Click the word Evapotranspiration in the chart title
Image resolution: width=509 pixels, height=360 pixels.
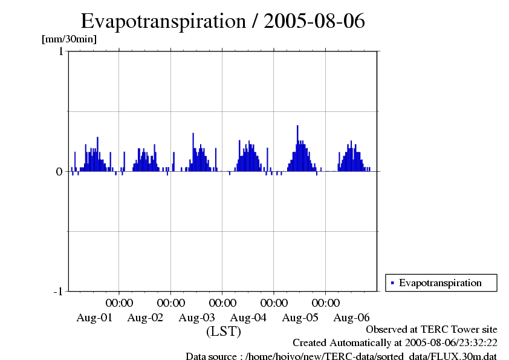(x=162, y=21)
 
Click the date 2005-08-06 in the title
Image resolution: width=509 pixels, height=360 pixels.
(x=314, y=21)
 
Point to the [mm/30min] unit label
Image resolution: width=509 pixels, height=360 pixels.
(x=69, y=39)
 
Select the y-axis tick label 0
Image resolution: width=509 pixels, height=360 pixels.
(x=60, y=171)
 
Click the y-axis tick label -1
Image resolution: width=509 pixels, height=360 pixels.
(x=58, y=292)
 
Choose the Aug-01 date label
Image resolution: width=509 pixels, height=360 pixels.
(x=94, y=317)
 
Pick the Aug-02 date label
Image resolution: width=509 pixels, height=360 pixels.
(x=146, y=317)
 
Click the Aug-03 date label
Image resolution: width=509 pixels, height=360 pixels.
(x=197, y=317)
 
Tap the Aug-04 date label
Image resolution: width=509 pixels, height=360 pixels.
(x=248, y=317)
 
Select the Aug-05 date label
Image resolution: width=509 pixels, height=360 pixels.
(x=300, y=317)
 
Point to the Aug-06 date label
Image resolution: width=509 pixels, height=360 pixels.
(x=351, y=317)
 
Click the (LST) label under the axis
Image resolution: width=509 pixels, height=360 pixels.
(x=224, y=332)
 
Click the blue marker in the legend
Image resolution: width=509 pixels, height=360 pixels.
(x=392, y=283)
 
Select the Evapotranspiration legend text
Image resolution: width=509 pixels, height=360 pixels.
(x=440, y=283)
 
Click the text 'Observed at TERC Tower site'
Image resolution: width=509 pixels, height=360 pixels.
(x=432, y=330)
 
